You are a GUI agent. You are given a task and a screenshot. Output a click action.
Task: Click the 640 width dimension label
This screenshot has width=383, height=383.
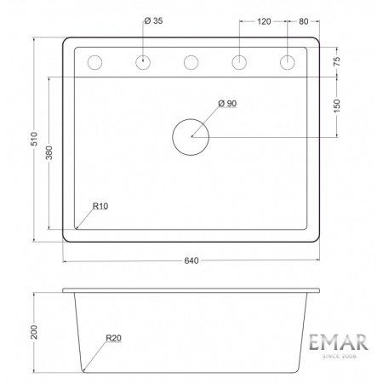click(191, 260)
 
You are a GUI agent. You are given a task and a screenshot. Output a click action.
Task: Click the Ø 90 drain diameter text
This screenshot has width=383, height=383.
click(226, 103)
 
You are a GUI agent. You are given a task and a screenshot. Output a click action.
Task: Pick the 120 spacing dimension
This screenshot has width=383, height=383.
click(263, 20)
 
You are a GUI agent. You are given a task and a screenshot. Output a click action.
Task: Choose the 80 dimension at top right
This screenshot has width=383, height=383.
click(304, 20)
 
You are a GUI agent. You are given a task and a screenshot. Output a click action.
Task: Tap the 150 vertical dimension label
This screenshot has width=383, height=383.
click(338, 106)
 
